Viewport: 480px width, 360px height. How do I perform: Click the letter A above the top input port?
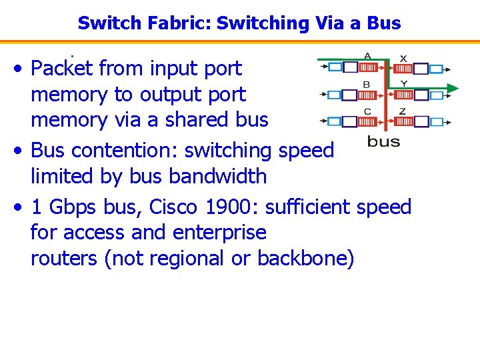click(x=367, y=55)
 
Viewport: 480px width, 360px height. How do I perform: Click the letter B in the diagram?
click(x=367, y=84)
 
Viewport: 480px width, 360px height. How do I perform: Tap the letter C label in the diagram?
click(x=367, y=111)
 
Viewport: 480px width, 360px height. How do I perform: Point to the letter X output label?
click(x=403, y=58)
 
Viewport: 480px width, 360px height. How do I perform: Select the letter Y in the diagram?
click(x=403, y=83)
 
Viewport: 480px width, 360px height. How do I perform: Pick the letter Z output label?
click(x=403, y=111)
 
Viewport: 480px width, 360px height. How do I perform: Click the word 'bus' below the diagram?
click(x=384, y=141)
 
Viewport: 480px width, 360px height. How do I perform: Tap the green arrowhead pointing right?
click(x=452, y=87)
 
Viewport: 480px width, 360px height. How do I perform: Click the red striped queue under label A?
click(x=368, y=67)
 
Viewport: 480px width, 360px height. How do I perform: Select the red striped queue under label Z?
click(x=403, y=121)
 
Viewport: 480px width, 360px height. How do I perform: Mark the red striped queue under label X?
click(x=403, y=69)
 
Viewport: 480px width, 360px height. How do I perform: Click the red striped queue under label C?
click(x=368, y=121)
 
